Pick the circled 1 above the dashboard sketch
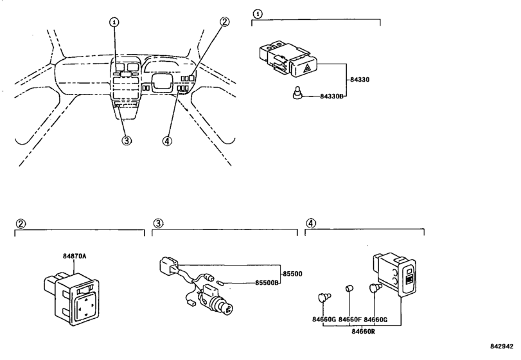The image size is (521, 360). point(114,21)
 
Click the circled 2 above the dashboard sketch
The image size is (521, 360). point(224,21)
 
